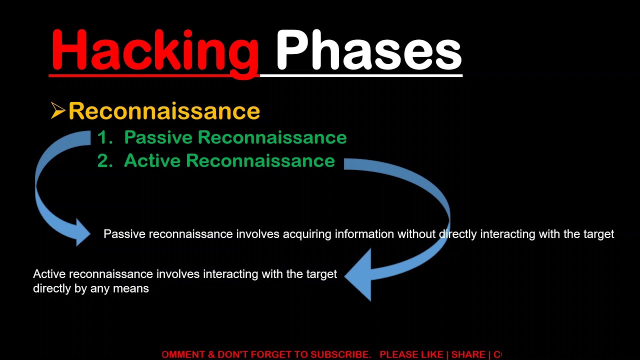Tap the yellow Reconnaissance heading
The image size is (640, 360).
pos(164,111)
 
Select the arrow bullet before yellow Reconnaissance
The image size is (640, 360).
pos(58,111)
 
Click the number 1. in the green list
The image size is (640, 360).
pos(105,137)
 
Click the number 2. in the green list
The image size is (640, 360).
pos(105,161)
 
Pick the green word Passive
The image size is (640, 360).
pos(153,137)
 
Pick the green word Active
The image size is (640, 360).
pos(152,161)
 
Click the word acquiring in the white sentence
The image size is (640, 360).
pos(307,234)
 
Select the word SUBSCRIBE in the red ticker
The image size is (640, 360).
pos(340,354)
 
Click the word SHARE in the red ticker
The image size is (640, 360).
pos(468,354)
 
